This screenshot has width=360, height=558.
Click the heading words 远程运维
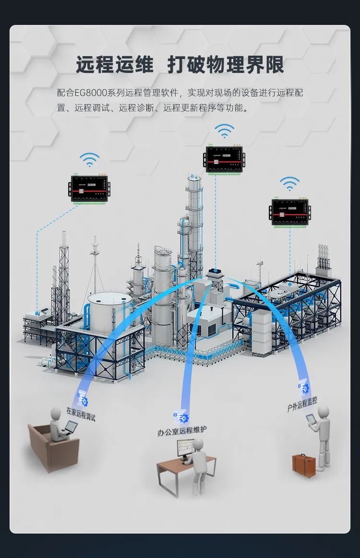(115, 65)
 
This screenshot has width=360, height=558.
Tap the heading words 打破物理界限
(226, 65)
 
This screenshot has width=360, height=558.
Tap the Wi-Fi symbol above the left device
(89, 159)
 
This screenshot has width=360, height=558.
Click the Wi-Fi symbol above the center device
(224, 130)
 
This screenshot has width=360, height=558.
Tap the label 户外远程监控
(302, 404)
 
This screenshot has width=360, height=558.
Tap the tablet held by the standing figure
(311, 418)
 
